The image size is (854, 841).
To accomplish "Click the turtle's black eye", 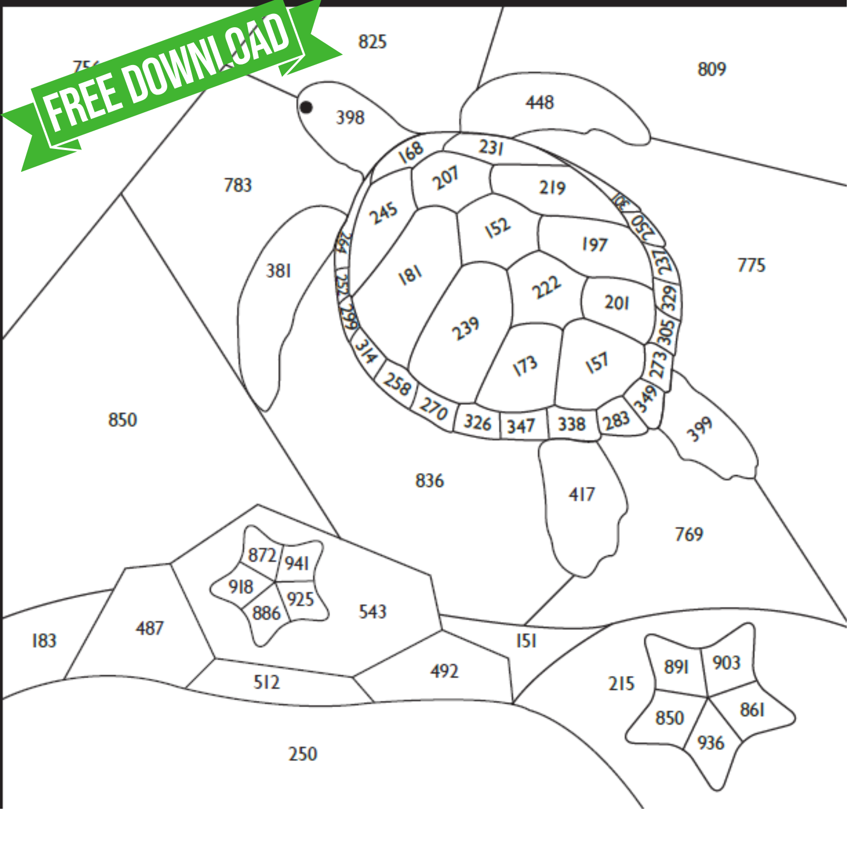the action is tap(306, 107).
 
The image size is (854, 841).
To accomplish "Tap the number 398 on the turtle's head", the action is tap(350, 117).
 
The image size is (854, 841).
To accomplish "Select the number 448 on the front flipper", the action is tap(540, 102).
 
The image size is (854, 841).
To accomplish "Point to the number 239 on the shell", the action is tap(465, 328).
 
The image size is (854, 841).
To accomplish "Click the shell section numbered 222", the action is tap(546, 287).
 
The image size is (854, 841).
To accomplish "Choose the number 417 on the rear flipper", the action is tap(581, 494).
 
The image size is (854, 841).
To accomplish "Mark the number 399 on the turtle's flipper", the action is tap(699, 429).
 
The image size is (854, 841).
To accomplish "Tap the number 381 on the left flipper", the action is tap(278, 271).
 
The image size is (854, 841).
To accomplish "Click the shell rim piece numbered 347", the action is tap(521, 426).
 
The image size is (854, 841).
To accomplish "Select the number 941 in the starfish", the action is tap(297, 564).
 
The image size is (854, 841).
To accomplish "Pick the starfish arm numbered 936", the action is tap(710, 743).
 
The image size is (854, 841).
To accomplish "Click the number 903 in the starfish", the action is tap(726, 663).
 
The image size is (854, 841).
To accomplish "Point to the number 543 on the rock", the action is tap(372, 611).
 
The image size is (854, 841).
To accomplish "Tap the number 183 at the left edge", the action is tap(44, 640).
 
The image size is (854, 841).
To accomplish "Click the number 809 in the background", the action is tap(711, 69).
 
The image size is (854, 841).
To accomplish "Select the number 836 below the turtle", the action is tap(430, 480).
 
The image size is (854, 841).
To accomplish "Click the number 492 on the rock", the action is tap(444, 671).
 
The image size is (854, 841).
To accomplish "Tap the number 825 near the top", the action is tap(372, 42).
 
